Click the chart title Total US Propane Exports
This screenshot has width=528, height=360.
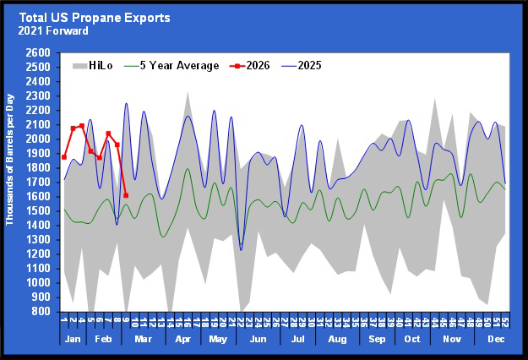click(95, 17)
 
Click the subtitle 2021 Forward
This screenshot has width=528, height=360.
click(56, 31)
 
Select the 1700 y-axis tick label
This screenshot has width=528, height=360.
click(40, 182)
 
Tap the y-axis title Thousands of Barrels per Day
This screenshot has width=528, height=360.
click(11, 182)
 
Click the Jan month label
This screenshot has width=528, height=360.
click(73, 338)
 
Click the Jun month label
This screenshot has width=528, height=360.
click(259, 338)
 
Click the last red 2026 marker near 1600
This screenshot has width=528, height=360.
click(126, 195)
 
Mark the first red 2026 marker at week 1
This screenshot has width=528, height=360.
click(64, 157)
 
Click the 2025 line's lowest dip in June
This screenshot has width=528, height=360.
click(241, 249)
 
